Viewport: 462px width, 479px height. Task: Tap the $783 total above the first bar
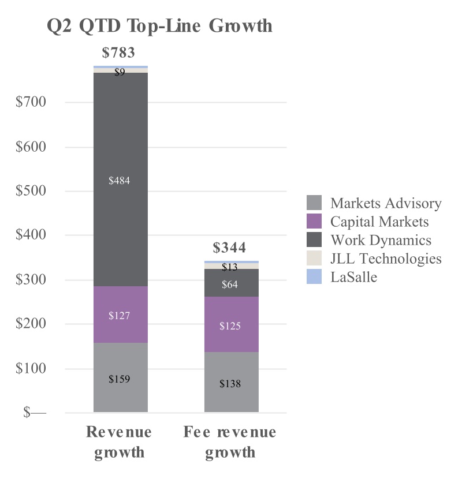pyautogui.click(x=118, y=53)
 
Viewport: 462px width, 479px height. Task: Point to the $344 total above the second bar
pyautogui.click(x=229, y=248)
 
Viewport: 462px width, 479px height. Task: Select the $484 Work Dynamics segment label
pyautogui.click(x=120, y=181)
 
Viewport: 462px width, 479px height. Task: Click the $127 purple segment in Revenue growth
pyautogui.click(x=120, y=316)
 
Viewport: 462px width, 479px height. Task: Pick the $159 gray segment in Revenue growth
pyautogui.click(x=120, y=379)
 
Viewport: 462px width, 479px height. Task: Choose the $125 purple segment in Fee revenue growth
pyautogui.click(x=230, y=326)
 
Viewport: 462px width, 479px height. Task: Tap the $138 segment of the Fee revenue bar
pyautogui.click(x=230, y=383)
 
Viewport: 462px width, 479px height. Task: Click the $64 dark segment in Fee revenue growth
pyautogui.click(x=230, y=285)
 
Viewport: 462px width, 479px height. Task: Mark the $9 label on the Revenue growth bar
pyautogui.click(x=120, y=72)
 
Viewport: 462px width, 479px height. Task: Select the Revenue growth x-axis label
pyautogui.click(x=119, y=441)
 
